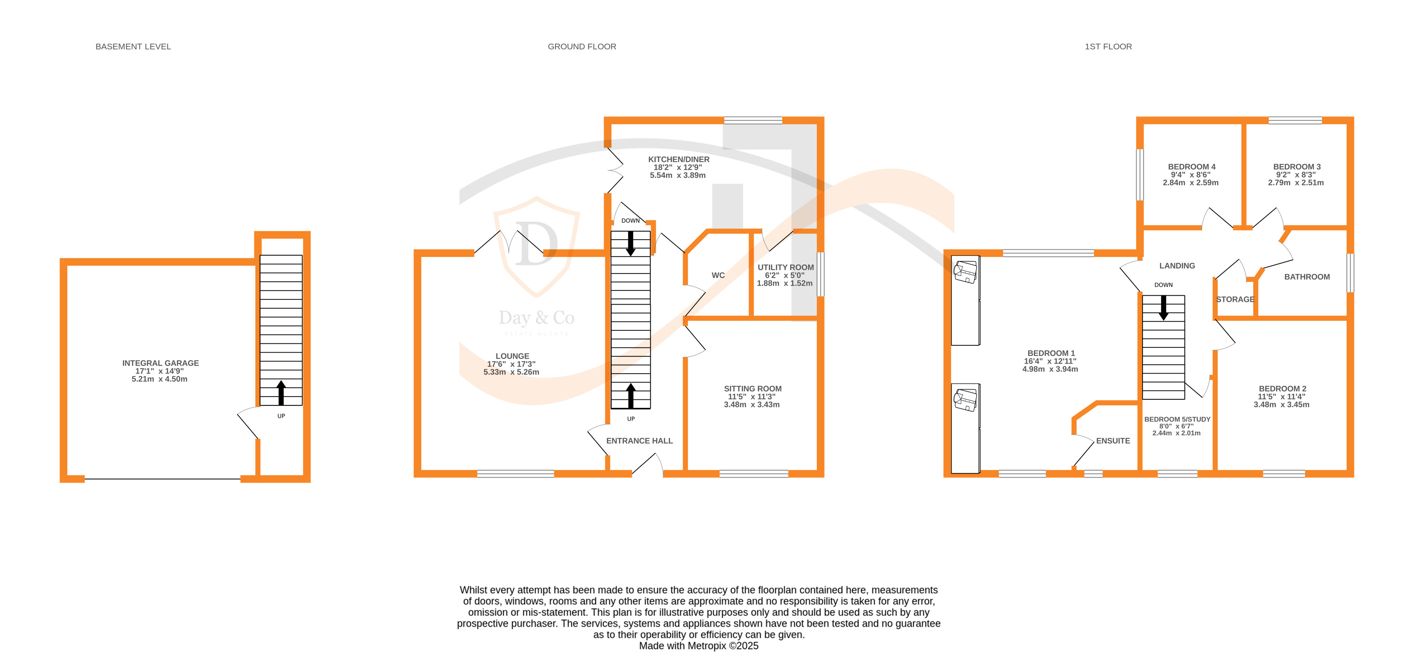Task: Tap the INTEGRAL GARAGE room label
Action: coord(160,363)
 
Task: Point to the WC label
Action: coord(718,275)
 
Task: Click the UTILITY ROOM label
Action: coord(785,267)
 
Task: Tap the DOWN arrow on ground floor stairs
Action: coord(631,243)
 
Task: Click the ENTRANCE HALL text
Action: coord(639,441)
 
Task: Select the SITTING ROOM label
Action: coord(752,389)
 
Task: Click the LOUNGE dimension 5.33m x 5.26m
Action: coord(511,372)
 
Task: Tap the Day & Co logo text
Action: coord(536,318)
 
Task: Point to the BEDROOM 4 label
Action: coord(1191,167)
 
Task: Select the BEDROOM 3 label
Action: coord(1297,167)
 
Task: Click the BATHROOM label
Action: coord(1306,277)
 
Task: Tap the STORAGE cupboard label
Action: coord(1235,299)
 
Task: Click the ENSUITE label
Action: coord(1113,441)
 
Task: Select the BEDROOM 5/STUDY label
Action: coord(1177,419)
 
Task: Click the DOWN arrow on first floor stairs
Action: coord(1163,307)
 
